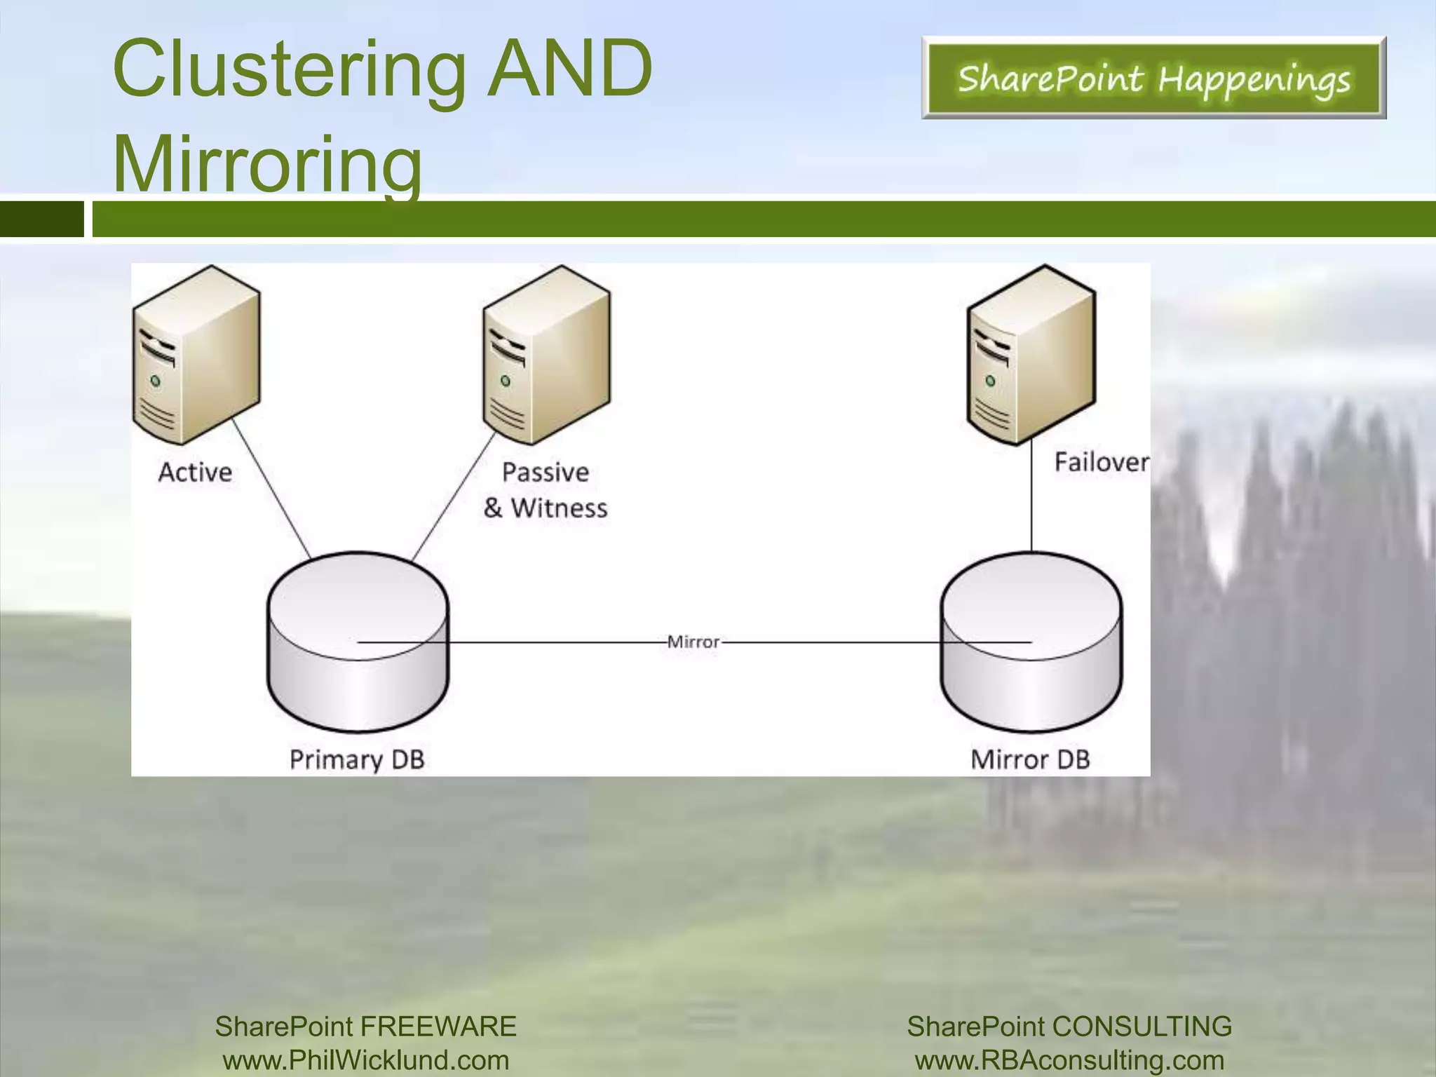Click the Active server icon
196,355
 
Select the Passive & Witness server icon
546,355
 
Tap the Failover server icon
1031,355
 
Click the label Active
195,472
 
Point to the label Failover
1101,462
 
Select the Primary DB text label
357,759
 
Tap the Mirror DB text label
1030,759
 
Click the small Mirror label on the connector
693,642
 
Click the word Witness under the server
559,508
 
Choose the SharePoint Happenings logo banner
1153,78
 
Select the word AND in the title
570,69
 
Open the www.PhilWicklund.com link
366,1059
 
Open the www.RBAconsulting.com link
1069,1059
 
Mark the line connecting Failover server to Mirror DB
1031,498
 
